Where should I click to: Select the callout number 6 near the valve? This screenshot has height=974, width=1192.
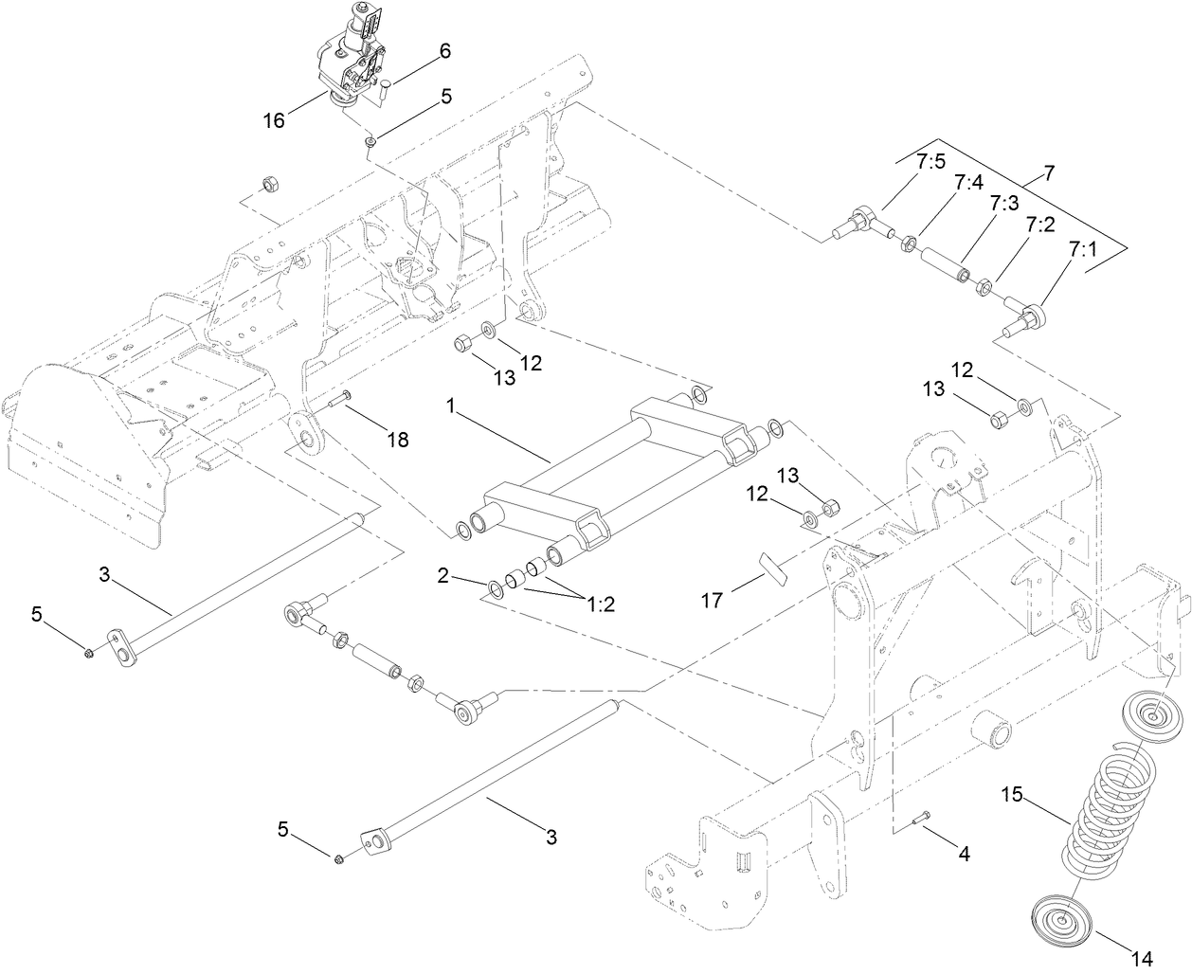[444, 54]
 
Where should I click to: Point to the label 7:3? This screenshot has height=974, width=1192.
[1003, 202]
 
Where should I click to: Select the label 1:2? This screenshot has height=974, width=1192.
[599, 605]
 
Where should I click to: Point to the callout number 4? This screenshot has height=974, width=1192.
[964, 854]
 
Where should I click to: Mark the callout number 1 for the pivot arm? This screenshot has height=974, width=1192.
[452, 405]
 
